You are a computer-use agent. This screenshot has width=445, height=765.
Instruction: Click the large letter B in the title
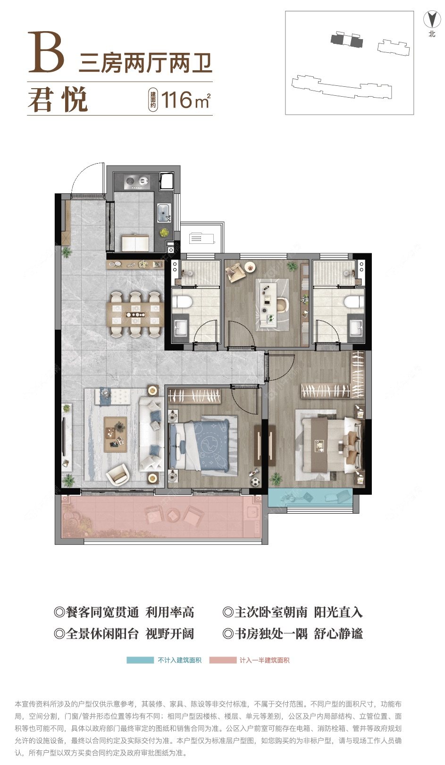(x=46, y=52)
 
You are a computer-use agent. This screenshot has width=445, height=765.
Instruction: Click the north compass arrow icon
(x=432, y=19)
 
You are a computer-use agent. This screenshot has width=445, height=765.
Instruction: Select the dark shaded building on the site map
(x=346, y=39)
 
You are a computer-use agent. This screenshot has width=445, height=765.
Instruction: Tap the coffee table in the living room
(x=116, y=434)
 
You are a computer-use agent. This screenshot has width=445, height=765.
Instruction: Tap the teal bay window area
(x=311, y=497)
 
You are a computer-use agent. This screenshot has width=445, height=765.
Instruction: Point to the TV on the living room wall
(x=63, y=436)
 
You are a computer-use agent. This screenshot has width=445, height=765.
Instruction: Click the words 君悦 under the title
(x=58, y=100)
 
